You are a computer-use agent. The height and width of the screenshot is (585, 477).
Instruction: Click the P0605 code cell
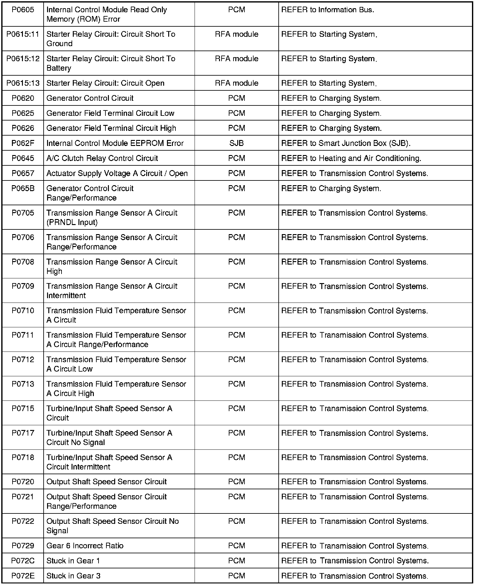23,10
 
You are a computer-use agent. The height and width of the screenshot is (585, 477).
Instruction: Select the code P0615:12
23,59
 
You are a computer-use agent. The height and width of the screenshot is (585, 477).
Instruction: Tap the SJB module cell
237,143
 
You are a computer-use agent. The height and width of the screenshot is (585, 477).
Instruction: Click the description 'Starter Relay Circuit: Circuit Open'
105,83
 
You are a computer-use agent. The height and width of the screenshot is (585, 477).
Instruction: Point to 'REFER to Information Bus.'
328,10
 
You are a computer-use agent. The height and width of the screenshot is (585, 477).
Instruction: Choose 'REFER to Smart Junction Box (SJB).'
346,143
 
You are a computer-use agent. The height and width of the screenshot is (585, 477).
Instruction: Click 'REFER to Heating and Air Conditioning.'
351,158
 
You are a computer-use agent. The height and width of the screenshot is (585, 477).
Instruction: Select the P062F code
23,143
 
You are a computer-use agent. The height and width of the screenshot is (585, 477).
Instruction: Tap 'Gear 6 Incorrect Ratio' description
85,545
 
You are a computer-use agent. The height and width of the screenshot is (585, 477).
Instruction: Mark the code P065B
23,188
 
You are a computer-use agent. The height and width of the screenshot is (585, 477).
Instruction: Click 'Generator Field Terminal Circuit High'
111,128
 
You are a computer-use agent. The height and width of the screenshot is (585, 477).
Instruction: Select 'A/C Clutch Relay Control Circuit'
102,158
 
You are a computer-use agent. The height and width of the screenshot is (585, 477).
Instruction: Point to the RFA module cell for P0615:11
237,34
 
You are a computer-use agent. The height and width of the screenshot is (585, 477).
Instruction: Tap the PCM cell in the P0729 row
237,545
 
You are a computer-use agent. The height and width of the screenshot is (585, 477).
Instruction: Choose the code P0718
23,457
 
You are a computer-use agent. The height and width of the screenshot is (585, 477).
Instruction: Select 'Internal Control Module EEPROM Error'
115,143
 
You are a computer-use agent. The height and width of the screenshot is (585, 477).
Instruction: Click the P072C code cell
23,561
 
